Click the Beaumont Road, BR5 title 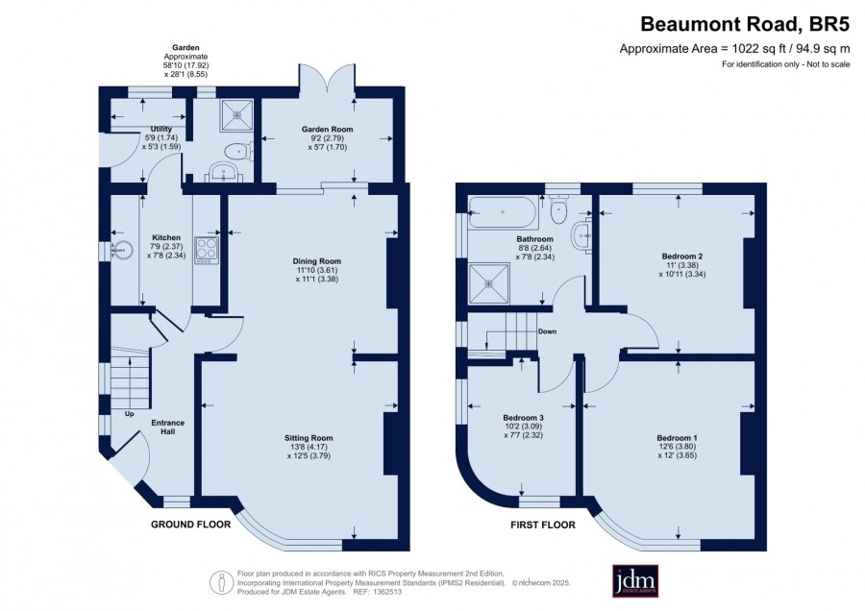[x=745, y=24]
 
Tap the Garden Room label [x=327, y=129]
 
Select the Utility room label [x=161, y=129]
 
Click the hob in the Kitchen [x=207, y=250]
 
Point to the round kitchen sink [x=122, y=251]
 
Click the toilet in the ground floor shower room [x=239, y=152]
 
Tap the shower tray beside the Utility [x=237, y=115]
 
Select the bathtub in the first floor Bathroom [x=502, y=212]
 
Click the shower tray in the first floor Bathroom [x=489, y=283]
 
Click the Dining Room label [x=316, y=261]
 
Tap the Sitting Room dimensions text [x=309, y=452]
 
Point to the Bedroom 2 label [x=681, y=256]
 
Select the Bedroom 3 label [x=524, y=418]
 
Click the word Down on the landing [x=547, y=331]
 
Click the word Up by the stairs [x=129, y=414]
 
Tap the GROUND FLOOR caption [x=191, y=524]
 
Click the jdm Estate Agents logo [x=635, y=581]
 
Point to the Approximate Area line [x=735, y=49]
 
